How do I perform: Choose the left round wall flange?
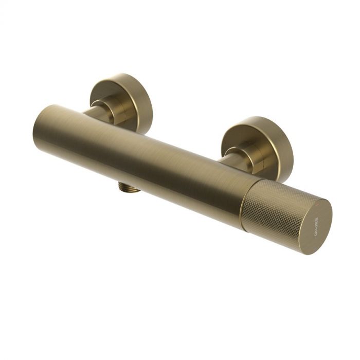click(x=121, y=100)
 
